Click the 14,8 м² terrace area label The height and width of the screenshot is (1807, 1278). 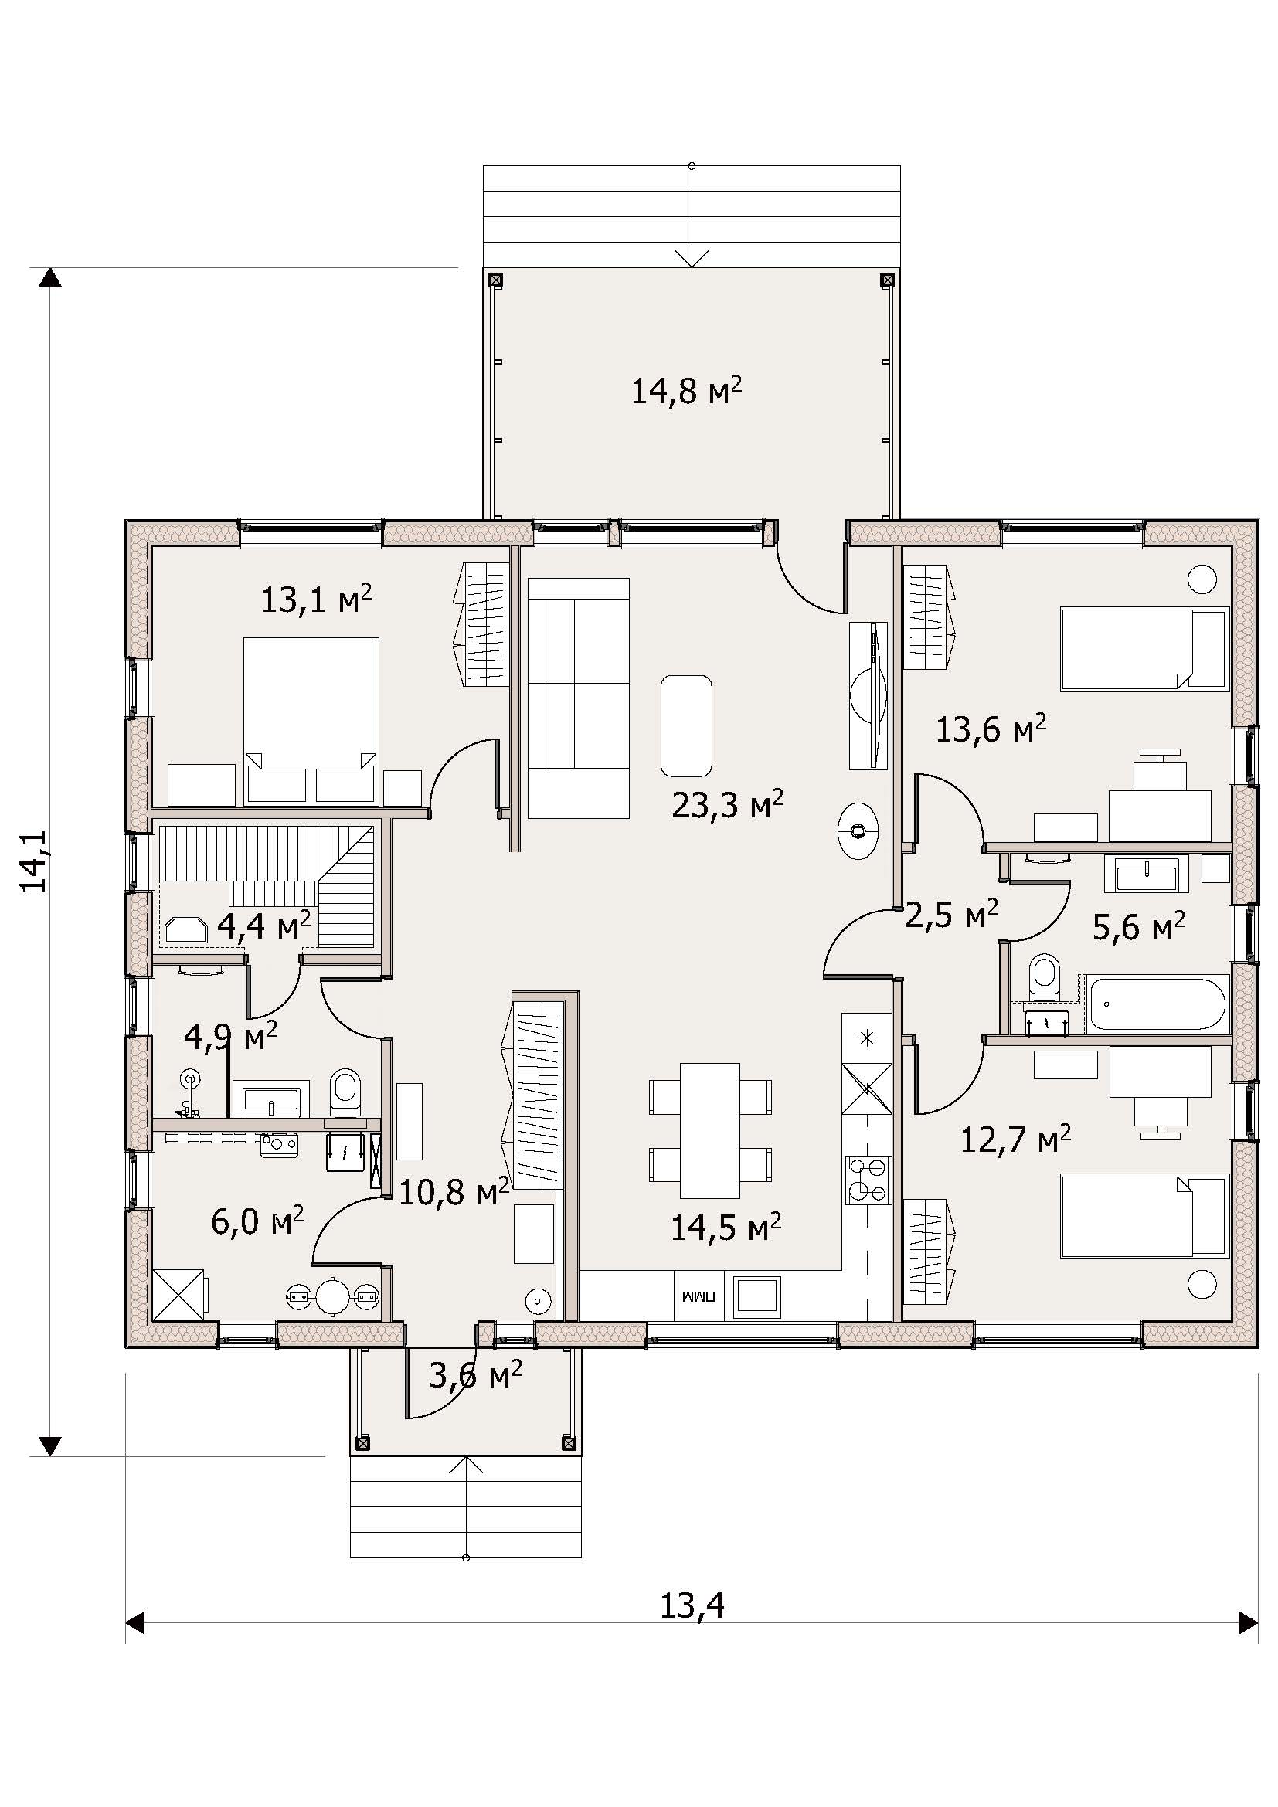(x=687, y=390)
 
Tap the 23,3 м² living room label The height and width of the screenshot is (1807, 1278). (x=727, y=804)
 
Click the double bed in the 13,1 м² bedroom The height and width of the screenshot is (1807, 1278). (x=311, y=704)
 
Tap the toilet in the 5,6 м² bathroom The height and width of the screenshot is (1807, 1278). (x=1045, y=973)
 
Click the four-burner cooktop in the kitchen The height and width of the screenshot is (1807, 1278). (x=868, y=1179)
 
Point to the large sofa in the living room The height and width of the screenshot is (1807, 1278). (x=579, y=698)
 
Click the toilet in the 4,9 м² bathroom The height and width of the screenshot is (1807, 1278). (x=345, y=1091)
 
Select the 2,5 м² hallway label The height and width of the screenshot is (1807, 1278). (x=951, y=915)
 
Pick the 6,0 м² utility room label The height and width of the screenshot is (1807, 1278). (x=257, y=1221)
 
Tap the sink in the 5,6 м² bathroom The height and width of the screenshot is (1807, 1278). (x=1147, y=874)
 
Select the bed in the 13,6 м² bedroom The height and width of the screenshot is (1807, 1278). (x=1144, y=648)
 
